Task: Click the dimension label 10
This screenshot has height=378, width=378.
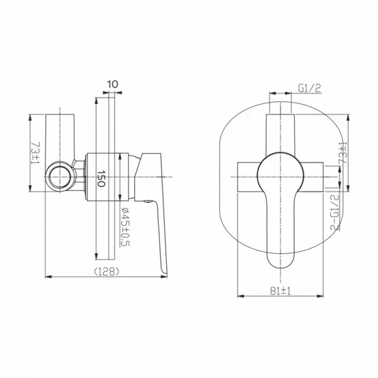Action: pos(113,84)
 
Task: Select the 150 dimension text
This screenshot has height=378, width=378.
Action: pos(101,178)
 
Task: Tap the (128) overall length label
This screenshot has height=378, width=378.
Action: pos(106,272)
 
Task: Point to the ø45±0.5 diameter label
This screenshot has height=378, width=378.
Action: pos(125,227)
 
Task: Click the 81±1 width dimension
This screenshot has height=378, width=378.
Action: pos(280,291)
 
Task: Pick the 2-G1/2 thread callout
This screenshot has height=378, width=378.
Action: pos(335,212)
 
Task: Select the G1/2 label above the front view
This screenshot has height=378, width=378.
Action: pos(309,88)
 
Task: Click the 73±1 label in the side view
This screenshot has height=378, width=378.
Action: pos(35,153)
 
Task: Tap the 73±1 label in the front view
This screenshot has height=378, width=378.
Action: pos(343,153)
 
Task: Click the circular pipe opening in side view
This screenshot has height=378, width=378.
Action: pos(60,177)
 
